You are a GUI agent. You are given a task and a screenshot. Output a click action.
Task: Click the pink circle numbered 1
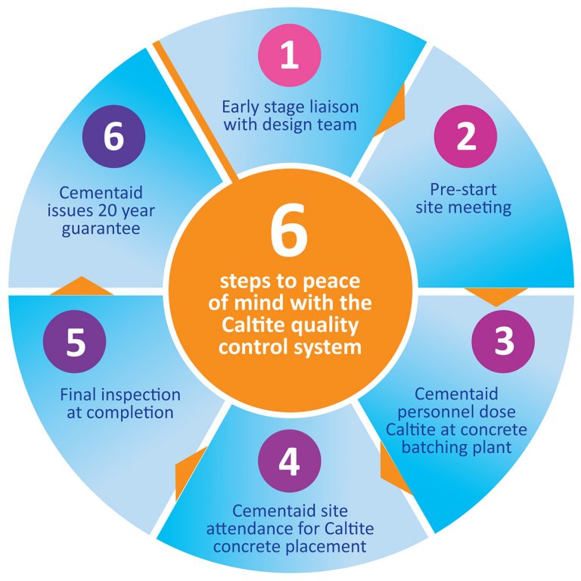click(290, 56)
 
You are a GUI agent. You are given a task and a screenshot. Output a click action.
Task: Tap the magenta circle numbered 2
click(465, 136)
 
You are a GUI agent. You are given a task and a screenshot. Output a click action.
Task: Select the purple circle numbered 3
click(503, 342)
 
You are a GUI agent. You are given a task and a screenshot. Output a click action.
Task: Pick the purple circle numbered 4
click(290, 461)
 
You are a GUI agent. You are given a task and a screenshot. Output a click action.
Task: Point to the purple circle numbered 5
click(75, 342)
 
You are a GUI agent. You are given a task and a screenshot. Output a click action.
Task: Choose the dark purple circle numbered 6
click(113, 138)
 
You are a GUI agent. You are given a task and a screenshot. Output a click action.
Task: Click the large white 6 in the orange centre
click(290, 235)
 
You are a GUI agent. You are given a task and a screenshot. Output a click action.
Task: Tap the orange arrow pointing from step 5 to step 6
click(81, 286)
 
